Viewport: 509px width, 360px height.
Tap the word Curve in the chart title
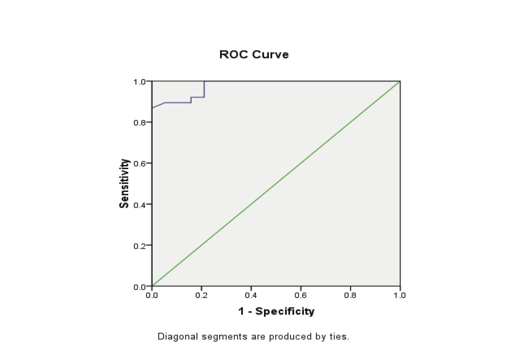(270, 54)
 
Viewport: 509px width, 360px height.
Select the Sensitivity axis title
(124, 184)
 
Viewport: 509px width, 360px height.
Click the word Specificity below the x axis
(285, 311)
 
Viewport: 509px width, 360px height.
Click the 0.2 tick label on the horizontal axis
(201, 295)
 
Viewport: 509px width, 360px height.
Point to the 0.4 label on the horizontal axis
(251, 295)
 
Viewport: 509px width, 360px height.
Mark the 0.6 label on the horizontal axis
(301, 295)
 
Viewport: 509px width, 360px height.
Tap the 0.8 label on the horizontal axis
(350, 295)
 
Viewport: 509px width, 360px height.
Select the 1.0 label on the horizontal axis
(400, 295)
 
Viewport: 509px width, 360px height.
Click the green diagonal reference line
(276, 184)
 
